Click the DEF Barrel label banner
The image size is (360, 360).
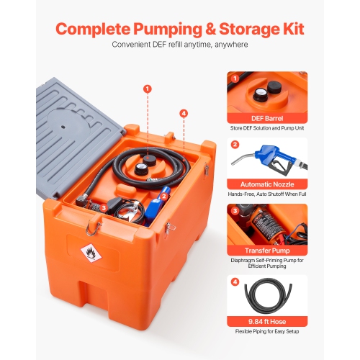pyautogui.click(x=266, y=117)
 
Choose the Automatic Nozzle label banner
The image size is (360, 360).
pyautogui.click(x=266, y=183)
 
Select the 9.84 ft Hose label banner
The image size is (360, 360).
pyautogui.click(x=266, y=321)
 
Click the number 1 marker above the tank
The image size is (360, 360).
pyautogui.click(x=148, y=89)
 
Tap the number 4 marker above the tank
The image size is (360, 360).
pyautogui.click(x=183, y=113)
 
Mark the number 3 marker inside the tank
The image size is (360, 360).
pyautogui.click(x=104, y=207)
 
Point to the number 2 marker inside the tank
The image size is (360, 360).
pyautogui.click(x=164, y=195)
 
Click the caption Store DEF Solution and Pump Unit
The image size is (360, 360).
pyautogui.click(x=266, y=129)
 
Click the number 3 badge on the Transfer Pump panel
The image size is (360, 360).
pyautogui.click(x=234, y=211)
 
